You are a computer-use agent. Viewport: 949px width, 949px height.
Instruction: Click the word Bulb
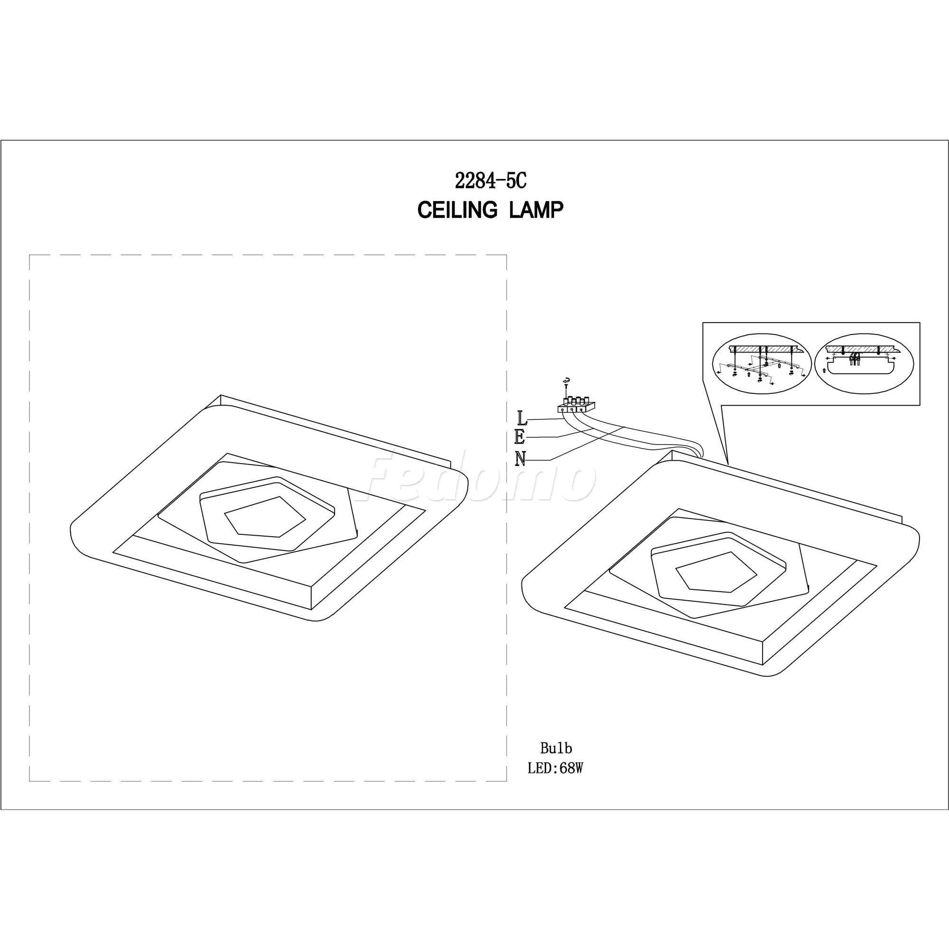[x=556, y=762]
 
